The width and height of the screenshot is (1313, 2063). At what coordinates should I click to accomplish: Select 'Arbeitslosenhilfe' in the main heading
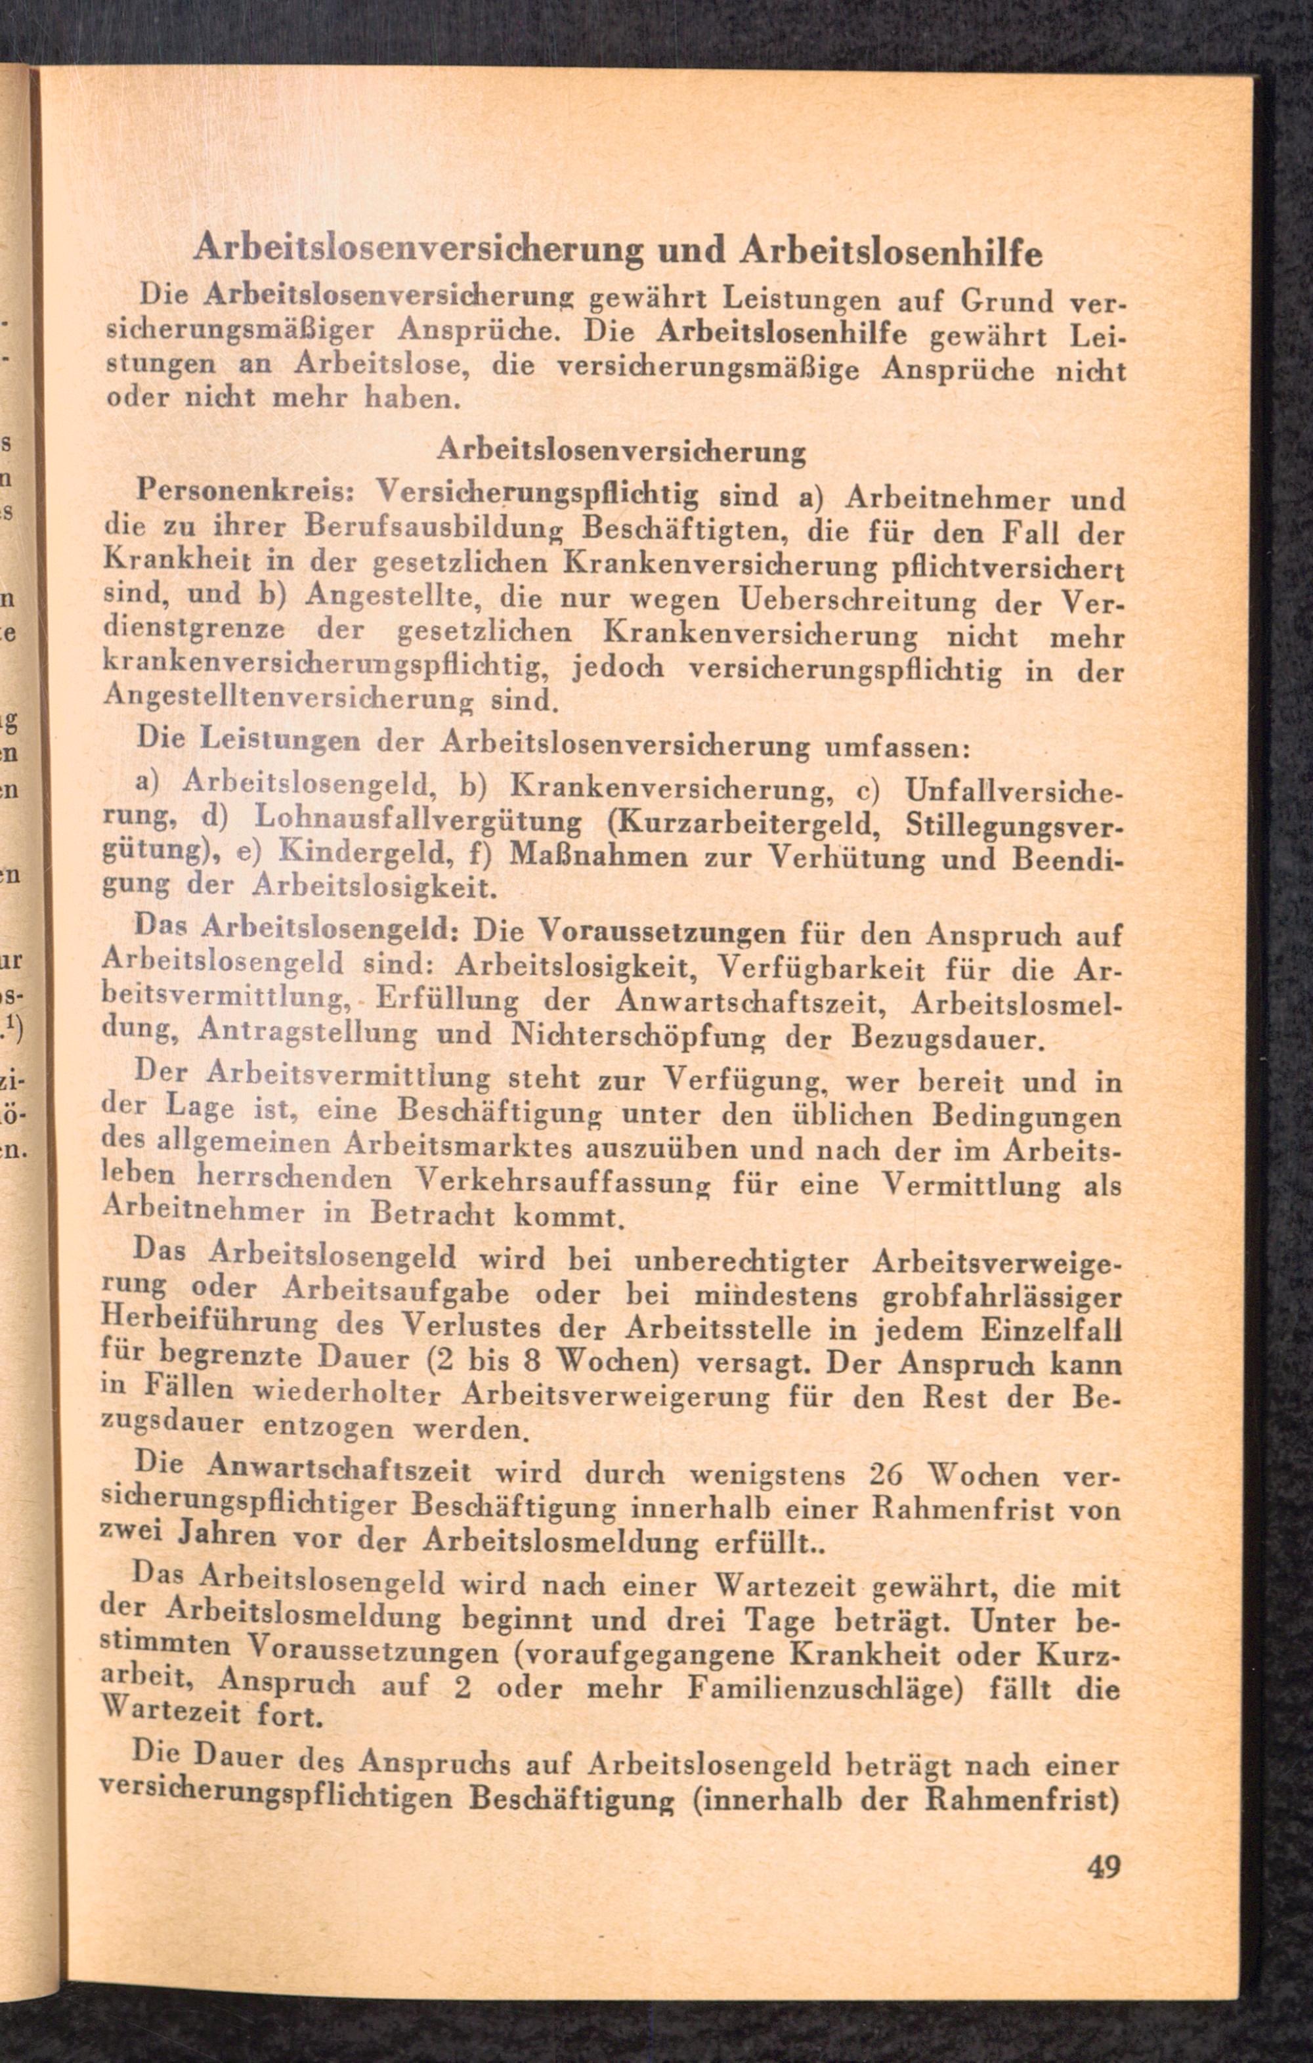(892, 253)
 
